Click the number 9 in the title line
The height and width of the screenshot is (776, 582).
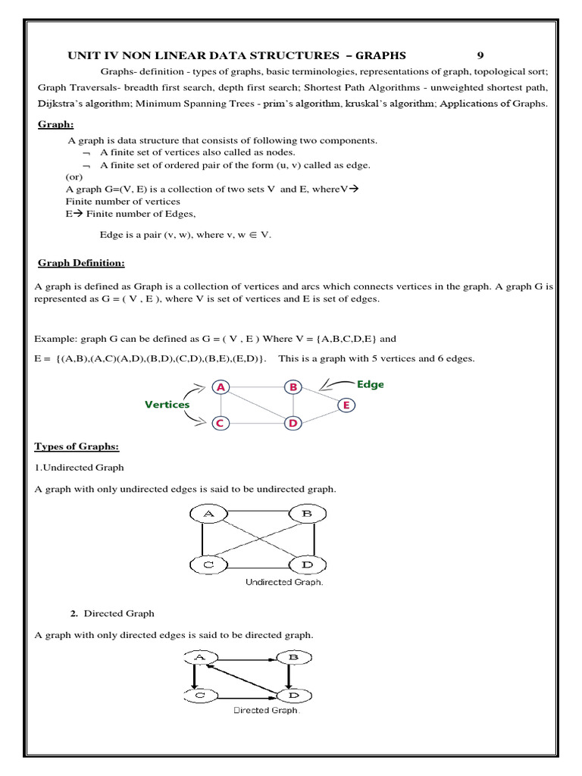pos(480,55)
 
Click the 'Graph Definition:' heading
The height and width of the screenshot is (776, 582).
pos(82,263)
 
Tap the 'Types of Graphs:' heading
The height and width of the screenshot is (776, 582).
pos(77,446)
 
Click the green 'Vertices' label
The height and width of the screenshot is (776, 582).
pos(167,405)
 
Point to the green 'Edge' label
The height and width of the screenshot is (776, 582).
pos(371,384)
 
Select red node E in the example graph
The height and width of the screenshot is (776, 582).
pos(346,405)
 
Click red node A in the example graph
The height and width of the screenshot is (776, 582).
pos(221,387)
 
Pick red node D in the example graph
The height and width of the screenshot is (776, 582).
pos(293,423)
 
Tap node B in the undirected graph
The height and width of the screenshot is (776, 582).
pos(307,515)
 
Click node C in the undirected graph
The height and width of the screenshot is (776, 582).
pos(207,565)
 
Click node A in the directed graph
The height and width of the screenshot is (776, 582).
pos(201,657)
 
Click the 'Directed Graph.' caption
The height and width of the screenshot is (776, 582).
pos(267,711)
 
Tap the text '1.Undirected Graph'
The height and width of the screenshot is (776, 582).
pos(80,468)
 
